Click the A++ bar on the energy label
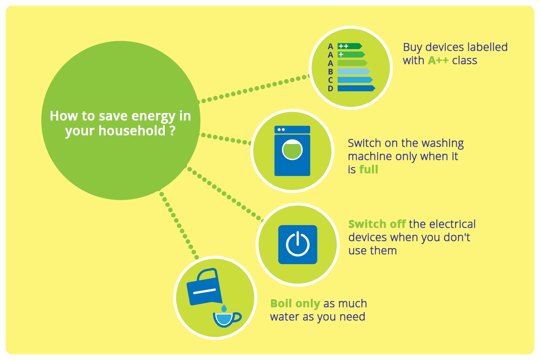(349, 46)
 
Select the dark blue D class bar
(355, 88)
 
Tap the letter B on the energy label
(331, 72)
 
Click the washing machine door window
(292, 150)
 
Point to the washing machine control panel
(292, 130)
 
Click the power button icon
(298, 244)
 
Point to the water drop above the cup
(224, 307)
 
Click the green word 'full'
(369, 170)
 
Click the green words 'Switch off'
(377, 224)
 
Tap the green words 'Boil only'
(295, 304)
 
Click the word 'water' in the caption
(285, 317)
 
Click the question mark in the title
(173, 131)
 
